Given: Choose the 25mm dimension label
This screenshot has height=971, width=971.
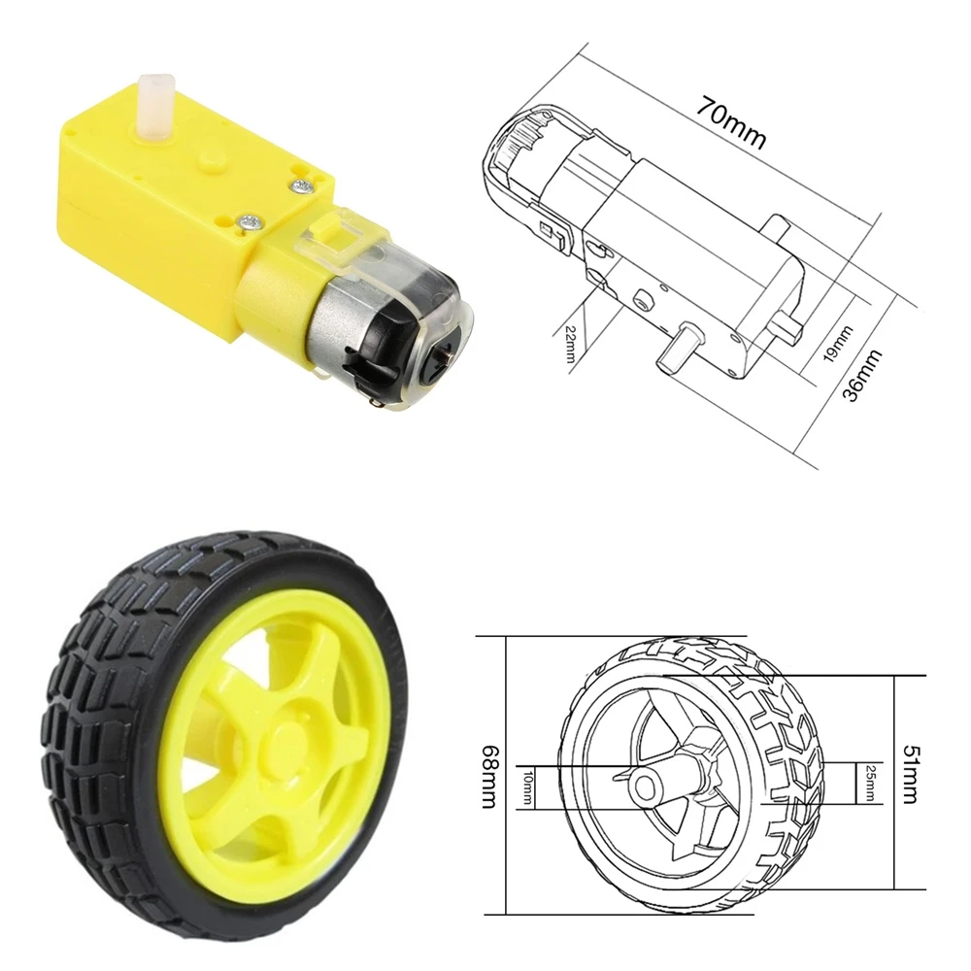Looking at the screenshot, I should coord(869,784).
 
